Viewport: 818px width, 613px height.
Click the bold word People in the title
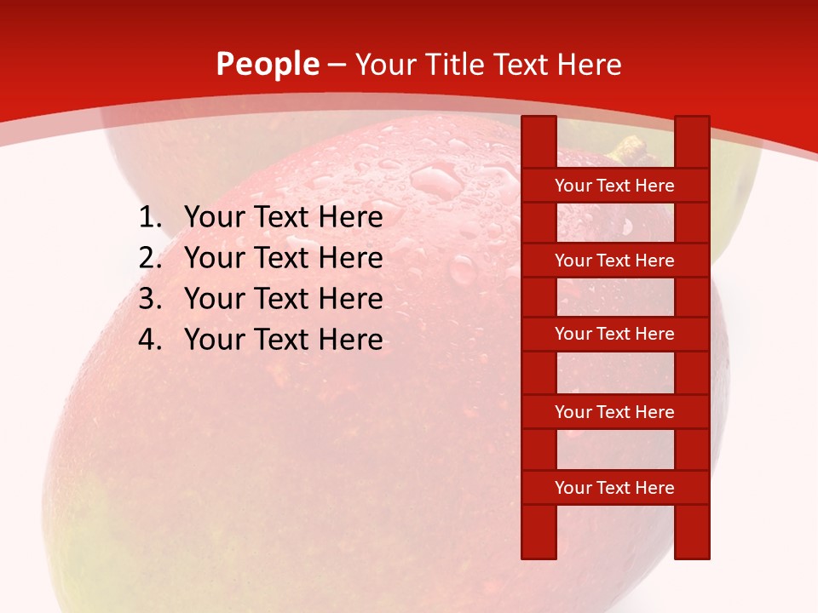coord(268,64)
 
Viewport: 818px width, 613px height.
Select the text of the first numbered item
coord(283,217)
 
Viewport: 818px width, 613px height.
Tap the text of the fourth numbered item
coord(283,340)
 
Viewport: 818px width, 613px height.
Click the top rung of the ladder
coord(614,186)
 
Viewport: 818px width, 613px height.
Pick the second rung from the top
coord(614,261)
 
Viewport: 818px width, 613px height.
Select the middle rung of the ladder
coord(614,334)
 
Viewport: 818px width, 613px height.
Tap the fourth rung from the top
coord(614,412)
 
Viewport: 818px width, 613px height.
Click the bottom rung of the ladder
coord(614,488)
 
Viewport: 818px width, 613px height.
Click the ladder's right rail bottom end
coord(692,552)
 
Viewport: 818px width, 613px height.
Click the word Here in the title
coord(591,65)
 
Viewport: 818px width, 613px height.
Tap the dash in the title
coord(337,65)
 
